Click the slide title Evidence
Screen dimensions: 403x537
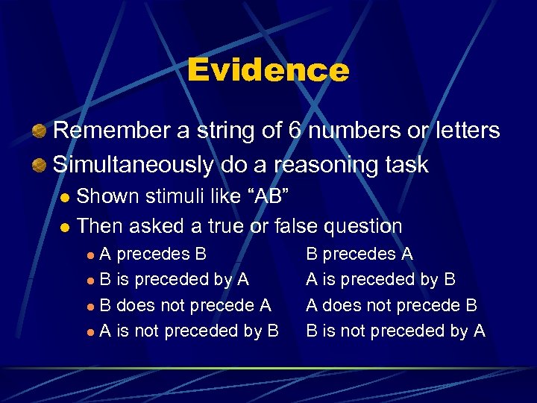click(x=268, y=71)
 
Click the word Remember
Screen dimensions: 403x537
click(x=112, y=131)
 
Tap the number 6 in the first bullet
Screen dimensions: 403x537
click(x=295, y=131)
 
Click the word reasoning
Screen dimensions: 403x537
click(x=317, y=164)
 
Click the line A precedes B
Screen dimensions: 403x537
click(x=153, y=254)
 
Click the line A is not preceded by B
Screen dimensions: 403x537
click(x=189, y=331)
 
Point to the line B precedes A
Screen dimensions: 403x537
click(x=359, y=254)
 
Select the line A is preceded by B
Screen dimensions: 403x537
click(x=380, y=279)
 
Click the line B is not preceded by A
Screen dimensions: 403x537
click(x=395, y=331)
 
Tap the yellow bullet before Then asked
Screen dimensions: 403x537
click(x=65, y=227)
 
